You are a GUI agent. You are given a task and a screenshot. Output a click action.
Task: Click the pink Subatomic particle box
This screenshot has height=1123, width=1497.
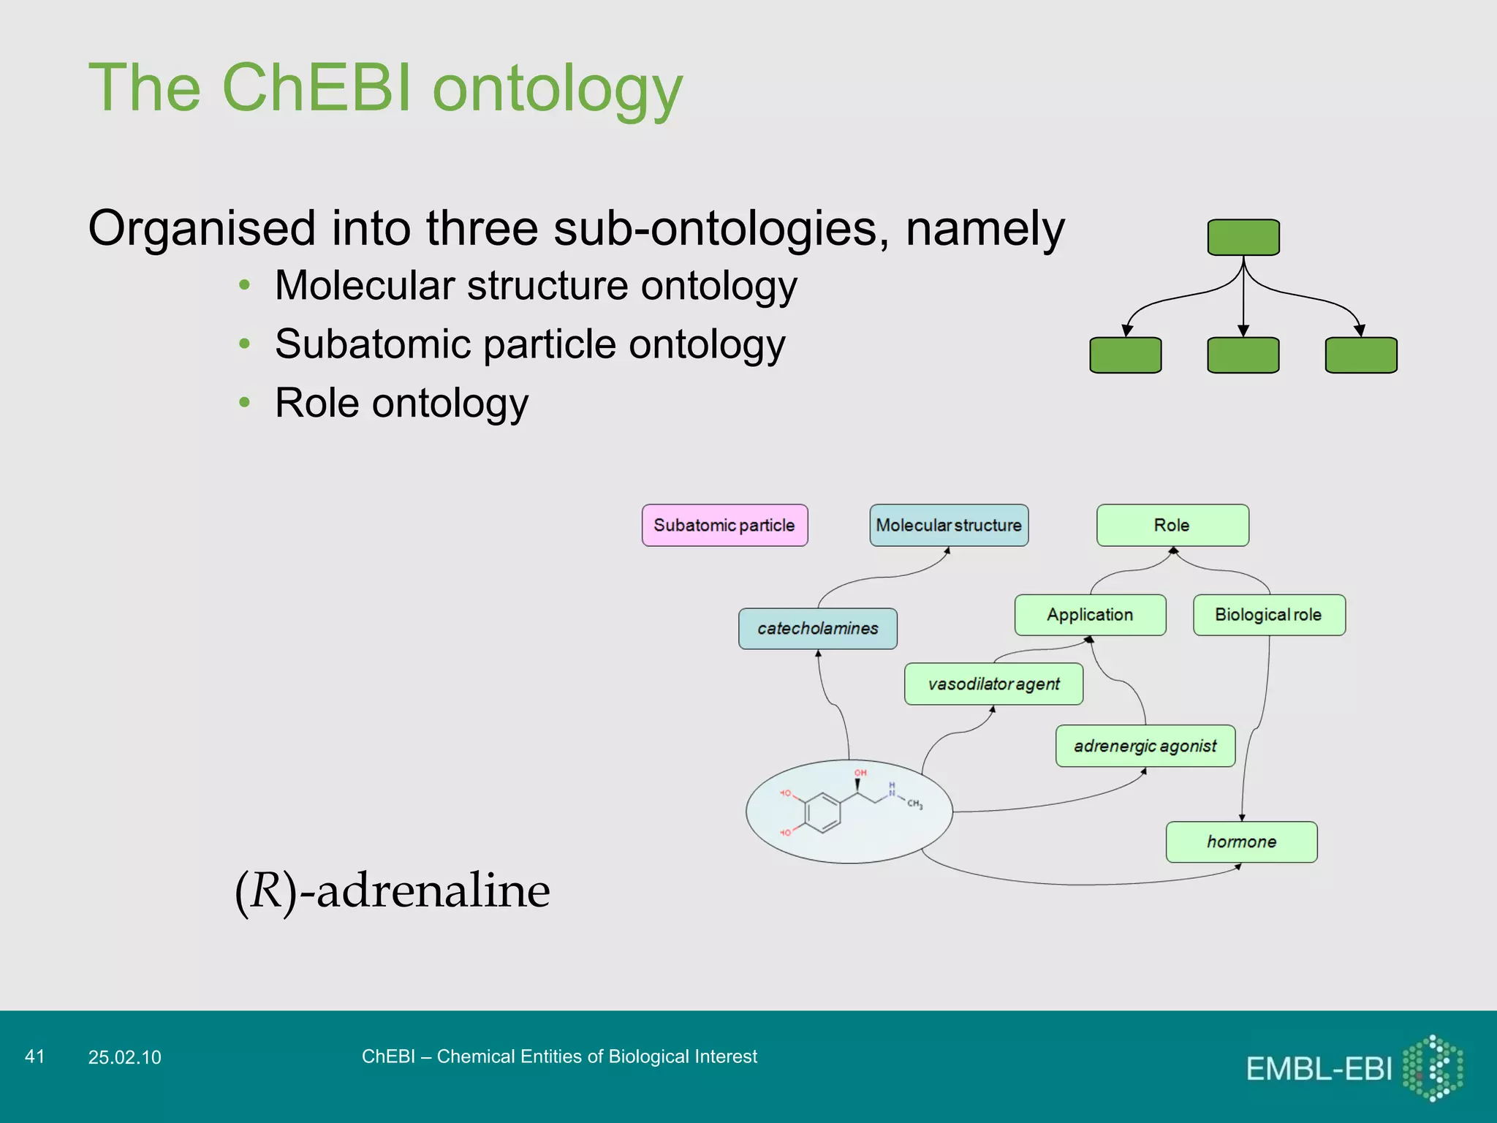coord(724,525)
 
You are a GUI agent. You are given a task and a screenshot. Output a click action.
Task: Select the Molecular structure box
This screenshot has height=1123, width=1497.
coord(949,525)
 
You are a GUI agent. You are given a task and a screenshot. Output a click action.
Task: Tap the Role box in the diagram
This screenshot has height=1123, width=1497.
coord(1172,525)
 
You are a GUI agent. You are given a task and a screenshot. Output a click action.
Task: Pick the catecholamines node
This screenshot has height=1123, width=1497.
coord(817,629)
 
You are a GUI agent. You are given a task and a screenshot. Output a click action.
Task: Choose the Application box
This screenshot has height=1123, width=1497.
coord(1090,615)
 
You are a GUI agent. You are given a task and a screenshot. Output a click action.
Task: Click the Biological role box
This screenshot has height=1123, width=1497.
coord(1269,615)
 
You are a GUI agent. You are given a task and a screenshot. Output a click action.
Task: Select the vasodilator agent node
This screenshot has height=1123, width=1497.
coord(993,684)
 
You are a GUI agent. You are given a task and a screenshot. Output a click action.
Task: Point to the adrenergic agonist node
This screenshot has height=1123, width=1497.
coord(1145,746)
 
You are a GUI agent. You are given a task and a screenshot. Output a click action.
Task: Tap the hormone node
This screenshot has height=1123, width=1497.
coord(1241,842)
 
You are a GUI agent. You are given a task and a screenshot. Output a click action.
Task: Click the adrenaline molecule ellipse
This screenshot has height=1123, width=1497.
coord(849,812)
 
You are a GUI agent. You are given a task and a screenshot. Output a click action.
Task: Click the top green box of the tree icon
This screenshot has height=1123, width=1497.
coord(1243,238)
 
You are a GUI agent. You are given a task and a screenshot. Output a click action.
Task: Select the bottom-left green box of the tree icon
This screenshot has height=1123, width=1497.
coord(1126,355)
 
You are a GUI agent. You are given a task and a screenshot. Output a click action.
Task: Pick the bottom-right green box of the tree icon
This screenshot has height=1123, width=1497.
coord(1361,355)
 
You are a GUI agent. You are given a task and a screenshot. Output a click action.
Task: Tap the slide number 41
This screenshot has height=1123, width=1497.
coord(35,1056)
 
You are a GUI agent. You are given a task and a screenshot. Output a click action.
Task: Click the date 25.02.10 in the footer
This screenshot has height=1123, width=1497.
coord(124,1057)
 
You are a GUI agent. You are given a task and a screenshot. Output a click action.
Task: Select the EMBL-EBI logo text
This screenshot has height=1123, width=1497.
coord(1319,1069)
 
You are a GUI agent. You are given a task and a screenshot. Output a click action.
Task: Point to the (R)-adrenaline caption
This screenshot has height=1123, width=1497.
coord(393,891)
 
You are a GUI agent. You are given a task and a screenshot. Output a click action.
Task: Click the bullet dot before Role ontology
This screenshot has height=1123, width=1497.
coord(245,402)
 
